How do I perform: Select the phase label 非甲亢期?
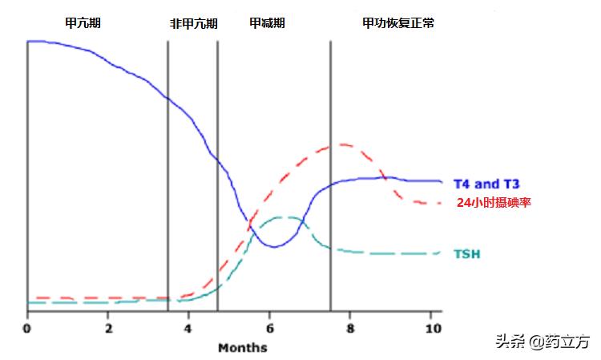(x=193, y=23)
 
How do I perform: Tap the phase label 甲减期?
(x=267, y=23)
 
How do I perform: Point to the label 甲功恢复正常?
(x=398, y=23)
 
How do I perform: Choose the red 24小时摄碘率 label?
(x=494, y=203)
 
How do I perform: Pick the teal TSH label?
(x=468, y=254)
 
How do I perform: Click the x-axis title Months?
(x=242, y=348)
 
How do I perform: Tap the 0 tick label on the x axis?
(x=27, y=328)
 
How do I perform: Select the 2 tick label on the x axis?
(x=108, y=328)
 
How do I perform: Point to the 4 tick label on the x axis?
(x=188, y=328)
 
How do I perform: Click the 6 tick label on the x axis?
(x=269, y=328)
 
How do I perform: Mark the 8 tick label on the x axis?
(x=350, y=328)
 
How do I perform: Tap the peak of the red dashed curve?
(x=343, y=145)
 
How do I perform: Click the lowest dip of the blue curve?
(x=273, y=246)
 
